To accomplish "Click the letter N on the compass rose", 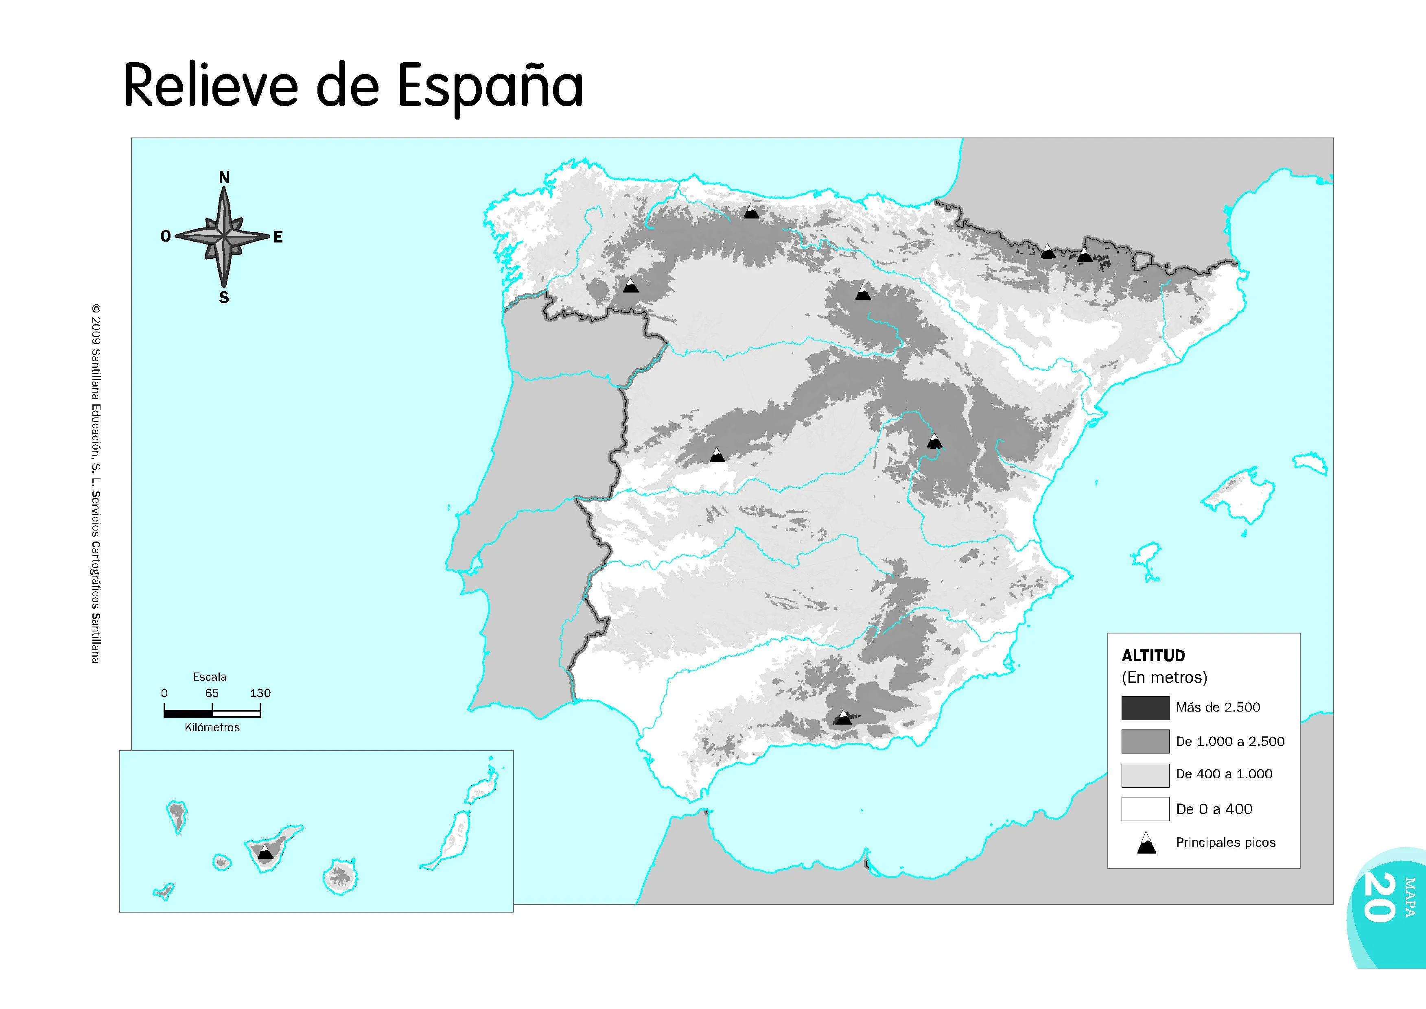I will click(224, 177).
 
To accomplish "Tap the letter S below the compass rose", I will click(224, 297).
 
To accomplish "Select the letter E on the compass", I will click(278, 237).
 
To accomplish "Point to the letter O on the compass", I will click(165, 236).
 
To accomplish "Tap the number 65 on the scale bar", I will click(212, 693).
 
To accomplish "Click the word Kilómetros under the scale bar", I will click(212, 727).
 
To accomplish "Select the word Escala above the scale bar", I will click(210, 677).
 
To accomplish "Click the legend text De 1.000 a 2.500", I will click(1230, 741).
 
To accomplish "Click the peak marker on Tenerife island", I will click(265, 852).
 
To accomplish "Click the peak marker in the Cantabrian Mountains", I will click(751, 212).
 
